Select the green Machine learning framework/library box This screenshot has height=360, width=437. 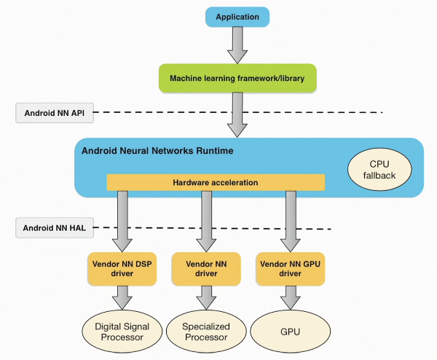237,78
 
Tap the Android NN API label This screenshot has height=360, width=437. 48,112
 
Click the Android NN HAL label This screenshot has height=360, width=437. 48,227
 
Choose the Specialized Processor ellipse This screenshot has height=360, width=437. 205,331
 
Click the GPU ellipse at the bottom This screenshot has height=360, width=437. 290,331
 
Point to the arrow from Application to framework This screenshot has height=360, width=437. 237,45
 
